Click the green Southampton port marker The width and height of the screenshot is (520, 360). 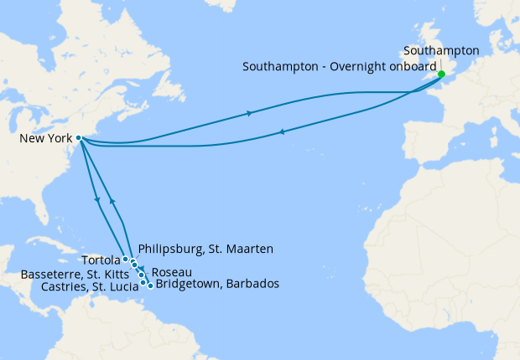point(441,74)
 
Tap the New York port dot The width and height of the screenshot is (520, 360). point(78,138)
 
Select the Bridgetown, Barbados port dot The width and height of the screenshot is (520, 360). point(150,285)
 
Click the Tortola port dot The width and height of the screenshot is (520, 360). point(125,259)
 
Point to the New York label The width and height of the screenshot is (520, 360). point(45,138)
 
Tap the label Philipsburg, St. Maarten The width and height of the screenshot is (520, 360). point(205,249)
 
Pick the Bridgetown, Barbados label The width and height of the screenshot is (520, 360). point(217,285)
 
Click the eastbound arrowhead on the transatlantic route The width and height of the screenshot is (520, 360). point(249,113)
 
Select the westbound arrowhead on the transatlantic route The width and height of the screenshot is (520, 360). point(281,131)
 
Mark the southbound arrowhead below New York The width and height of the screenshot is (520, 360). point(99,200)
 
